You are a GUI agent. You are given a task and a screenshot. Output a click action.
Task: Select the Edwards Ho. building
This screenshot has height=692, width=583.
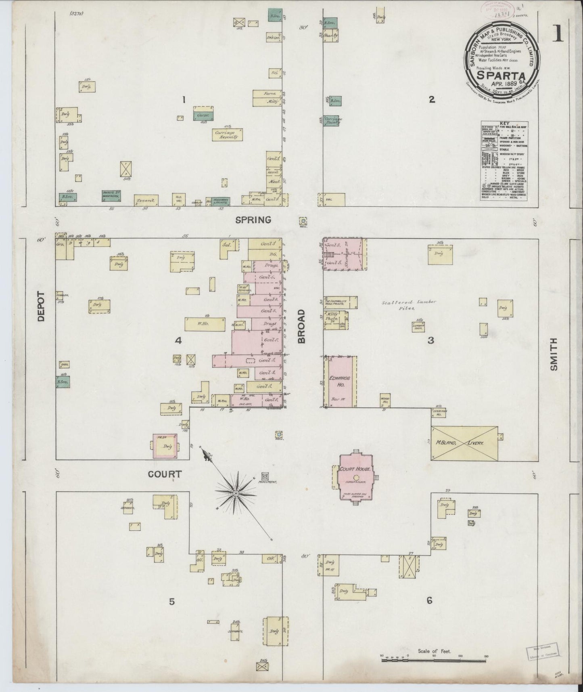[340, 382]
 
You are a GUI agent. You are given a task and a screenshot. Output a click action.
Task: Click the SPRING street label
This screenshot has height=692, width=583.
[253, 220]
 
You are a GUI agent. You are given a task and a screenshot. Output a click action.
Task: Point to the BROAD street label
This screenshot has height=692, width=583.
[302, 326]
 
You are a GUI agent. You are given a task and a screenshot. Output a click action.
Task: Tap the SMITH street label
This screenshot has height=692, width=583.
[553, 354]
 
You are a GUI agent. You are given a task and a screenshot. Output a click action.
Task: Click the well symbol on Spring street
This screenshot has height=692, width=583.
[303, 221]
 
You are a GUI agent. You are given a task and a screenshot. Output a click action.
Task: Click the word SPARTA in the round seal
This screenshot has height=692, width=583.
[501, 75]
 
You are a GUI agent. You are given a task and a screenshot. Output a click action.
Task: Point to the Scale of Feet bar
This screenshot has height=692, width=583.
[434, 660]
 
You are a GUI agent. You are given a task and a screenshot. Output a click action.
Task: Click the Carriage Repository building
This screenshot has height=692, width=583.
[227, 134]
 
